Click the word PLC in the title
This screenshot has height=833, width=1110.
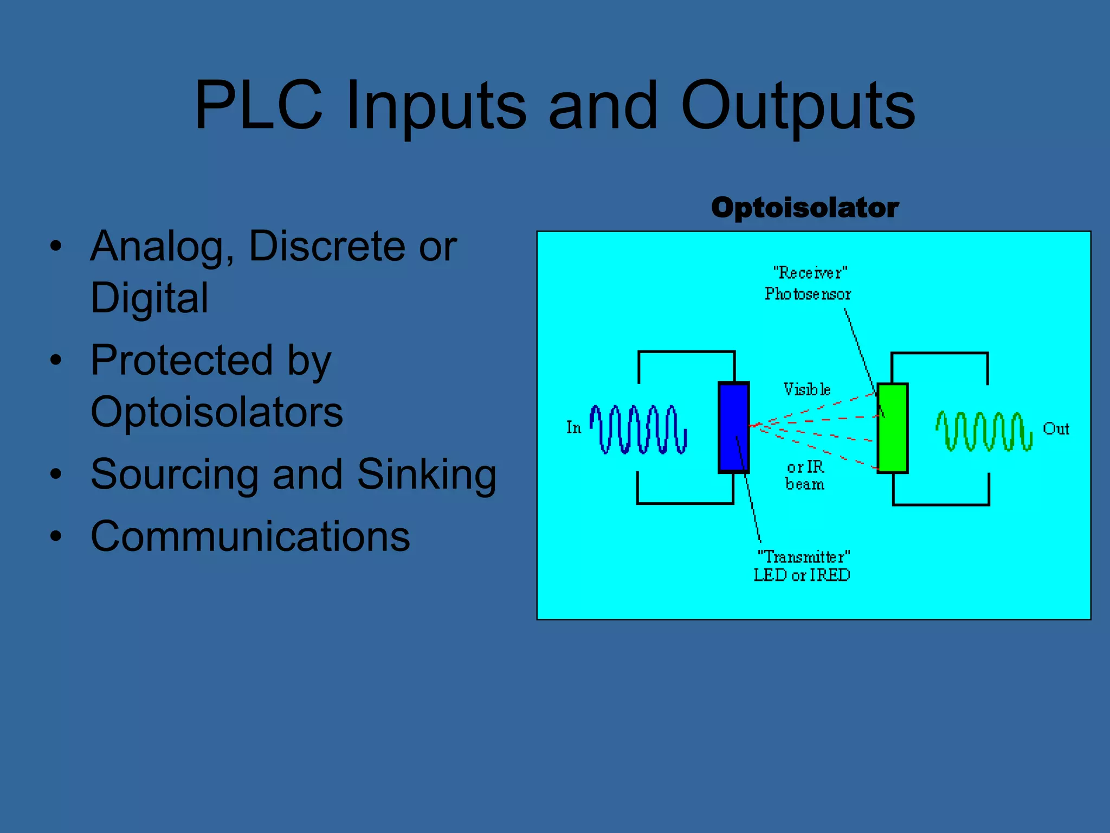pyautogui.click(x=259, y=105)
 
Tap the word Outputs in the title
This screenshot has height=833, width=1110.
pyautogui.click(x=797, y=105)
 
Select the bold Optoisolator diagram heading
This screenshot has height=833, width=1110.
pyautogui.click(x=804, y=208)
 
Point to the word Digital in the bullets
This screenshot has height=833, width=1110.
pyautogui.click(x=149, y=298)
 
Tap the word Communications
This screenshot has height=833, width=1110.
pyautogui.click(x=250, y=536)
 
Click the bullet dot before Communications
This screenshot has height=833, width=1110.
pyautogui.click(x=56, y=536)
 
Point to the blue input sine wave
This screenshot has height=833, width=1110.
pyautogui.click(x=638, y=429)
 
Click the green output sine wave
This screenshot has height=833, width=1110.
pyautogui.click(x=984, y=431)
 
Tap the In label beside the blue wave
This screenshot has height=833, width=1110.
pyautogui.click(x=573, y=428)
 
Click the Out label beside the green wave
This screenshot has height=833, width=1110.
pyautogui.click(x=1055, y=429)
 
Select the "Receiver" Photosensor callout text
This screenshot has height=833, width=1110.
pyautogui.click(x=808, y=283)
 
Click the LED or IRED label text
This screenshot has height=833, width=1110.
pyautogui.click(x=802, y=575)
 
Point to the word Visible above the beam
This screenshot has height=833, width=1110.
pyautogui.click(x=806, y=389)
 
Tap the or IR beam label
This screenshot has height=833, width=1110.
pyautogui.click(x=805, y=476)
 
